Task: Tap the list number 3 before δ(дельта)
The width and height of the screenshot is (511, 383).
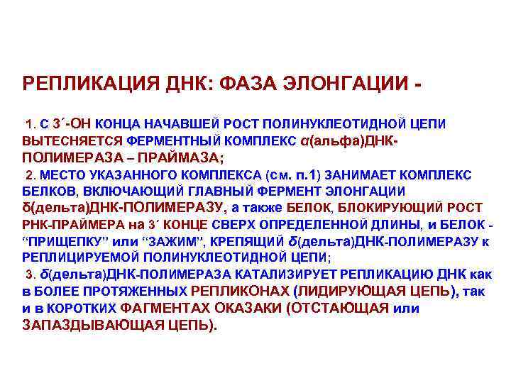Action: point(28,274)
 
